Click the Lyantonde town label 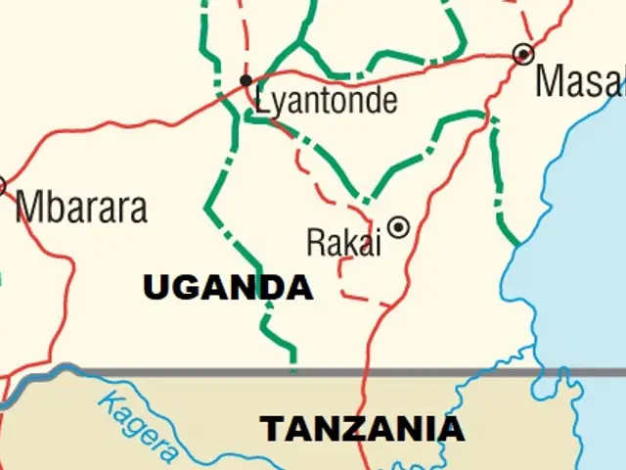(x=326, y=100)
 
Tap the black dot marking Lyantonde (x=246, y=80)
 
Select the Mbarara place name (x=82, y=208)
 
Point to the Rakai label (x=343, y=242)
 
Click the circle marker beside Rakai (x=398, y=227)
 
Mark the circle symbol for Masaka (x=524, y=54)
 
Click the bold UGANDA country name (x=228, y=288)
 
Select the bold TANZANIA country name (x=361, y=429)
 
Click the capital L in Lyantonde (x=261, y=98)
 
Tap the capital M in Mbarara (x=29, y=208)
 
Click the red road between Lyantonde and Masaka (x=391, y=71)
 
